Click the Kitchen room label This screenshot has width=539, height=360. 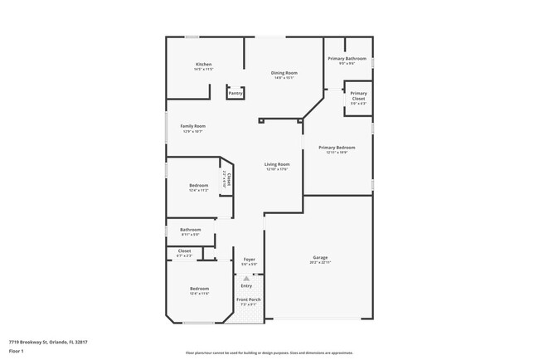click(203, 64)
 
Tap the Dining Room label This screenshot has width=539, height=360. click(284, 73)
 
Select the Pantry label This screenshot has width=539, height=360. click(235, 93)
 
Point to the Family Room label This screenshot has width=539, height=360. click(192, 126)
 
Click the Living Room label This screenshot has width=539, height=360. click(277, 164)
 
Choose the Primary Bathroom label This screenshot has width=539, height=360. click(347, 59)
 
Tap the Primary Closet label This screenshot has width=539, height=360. click(358, 94)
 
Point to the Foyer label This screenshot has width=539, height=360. click(249, 260)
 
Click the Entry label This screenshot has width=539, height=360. click(246, 286)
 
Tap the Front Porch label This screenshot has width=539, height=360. click(249, 299)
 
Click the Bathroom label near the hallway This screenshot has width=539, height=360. click(192, 230)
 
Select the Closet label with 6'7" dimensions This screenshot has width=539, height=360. click(184, 251)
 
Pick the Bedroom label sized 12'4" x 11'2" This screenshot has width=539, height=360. click(198, 185)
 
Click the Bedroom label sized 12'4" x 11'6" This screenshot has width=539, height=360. click(198, 289)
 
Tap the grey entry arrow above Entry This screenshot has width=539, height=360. click(246, 279)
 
